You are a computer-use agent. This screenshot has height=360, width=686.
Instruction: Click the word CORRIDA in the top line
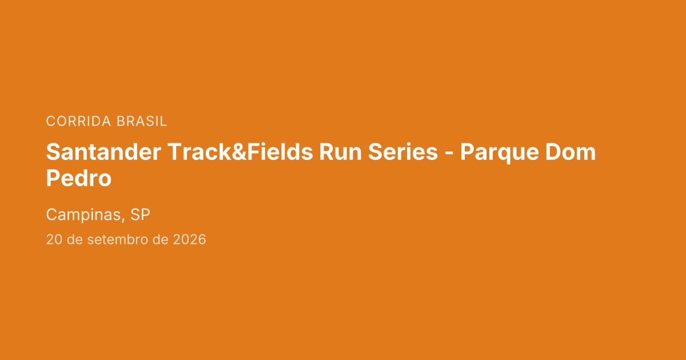(x=78, y=121)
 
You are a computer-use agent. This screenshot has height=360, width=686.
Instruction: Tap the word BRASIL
(x=142, y=121)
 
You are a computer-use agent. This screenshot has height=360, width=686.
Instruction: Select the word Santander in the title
(x=103, y=152)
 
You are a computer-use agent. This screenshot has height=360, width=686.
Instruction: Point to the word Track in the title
(x=199, y=152)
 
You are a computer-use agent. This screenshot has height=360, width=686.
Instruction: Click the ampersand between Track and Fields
(x=239, y=152)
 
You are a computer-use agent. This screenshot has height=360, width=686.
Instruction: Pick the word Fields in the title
(x=280, y=152)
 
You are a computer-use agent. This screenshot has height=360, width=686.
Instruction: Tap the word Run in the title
(x=341, y=152)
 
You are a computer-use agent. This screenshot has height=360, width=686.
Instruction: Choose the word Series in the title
(x=403, y=152)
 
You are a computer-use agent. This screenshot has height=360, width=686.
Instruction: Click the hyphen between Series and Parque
(x=449, y=154)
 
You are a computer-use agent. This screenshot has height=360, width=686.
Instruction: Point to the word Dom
(x=571, y=152)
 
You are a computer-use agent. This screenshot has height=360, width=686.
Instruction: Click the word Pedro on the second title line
(x=79, y=178)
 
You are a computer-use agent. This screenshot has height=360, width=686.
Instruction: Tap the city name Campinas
(x=83, y=215)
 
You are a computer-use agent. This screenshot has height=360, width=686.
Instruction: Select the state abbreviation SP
(x=140, y=215)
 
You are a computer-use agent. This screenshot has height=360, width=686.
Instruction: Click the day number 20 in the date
(x=54, y=239)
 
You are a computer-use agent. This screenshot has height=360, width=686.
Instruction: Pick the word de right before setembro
(x=75, y=239)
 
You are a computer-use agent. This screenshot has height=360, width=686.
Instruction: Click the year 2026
(x=190, y=239)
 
